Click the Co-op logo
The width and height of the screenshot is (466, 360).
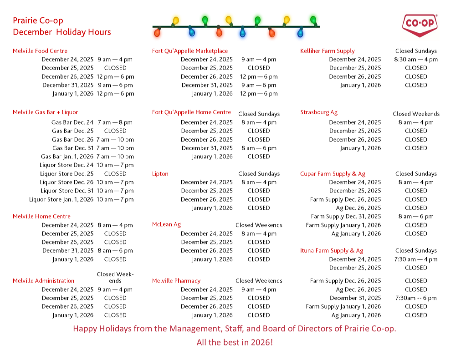(420, 26)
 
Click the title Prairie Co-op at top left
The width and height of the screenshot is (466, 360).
(38, 20)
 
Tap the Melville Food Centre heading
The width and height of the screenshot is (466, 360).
(40, 51)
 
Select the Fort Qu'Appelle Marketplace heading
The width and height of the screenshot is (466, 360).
(190, 51)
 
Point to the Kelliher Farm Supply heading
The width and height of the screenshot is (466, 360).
(327, 51)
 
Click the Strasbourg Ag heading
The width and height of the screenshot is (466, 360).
(319, 112)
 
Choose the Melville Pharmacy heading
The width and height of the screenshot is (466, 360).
(176, 281)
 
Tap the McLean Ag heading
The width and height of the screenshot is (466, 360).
(166, 224)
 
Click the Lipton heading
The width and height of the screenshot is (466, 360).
(160, 173)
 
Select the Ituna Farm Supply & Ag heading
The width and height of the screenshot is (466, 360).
(332, 250)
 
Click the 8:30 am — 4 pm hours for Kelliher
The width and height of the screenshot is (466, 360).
(416, 59)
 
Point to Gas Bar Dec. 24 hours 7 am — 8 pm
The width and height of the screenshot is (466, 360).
(115, 122)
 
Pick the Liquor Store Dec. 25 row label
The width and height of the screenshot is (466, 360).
(67, 173)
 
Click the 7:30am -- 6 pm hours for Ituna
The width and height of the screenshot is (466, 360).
(416, 298)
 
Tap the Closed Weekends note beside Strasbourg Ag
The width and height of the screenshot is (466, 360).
(416, 114)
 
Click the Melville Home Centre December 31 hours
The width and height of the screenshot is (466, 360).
(115, 250)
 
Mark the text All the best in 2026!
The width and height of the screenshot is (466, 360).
(235, 342)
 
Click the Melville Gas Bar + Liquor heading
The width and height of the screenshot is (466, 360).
(46, 112)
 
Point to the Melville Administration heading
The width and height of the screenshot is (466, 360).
(44, 281)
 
